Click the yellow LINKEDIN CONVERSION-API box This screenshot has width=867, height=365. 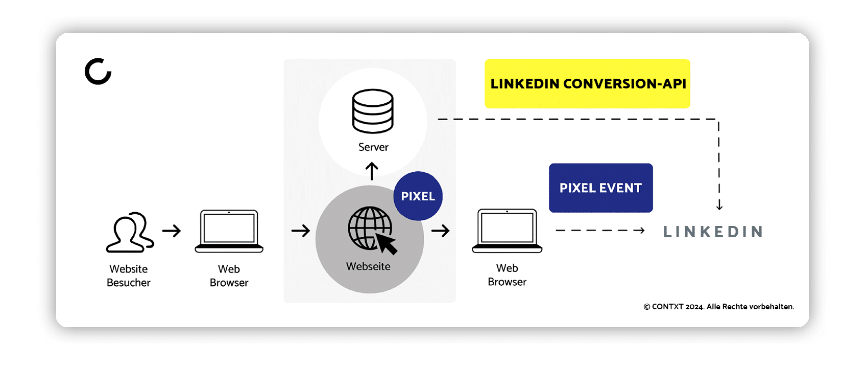pos(587,84)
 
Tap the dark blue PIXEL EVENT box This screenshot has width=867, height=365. pos(600,188)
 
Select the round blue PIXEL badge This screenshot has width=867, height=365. pos(418,196)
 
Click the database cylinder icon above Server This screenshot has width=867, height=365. pos(373,111)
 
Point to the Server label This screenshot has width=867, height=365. pos(373,147)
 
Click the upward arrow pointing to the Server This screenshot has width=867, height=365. pos(372,171)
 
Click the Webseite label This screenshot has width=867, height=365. pos(368,266)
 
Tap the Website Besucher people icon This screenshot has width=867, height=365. pos(130,233)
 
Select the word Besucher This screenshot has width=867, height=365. pos(129,283)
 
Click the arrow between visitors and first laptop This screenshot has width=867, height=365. pos(172,231)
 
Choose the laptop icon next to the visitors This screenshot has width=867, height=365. pos(229,232)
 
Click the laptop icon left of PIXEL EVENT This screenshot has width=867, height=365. pos(507,231)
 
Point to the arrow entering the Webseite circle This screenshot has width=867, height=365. pos(301,231)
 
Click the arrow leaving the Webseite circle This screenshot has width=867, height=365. pos(441,231)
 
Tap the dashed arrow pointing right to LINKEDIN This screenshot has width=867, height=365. pos(600,231)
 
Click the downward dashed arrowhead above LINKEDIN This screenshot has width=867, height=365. pos(719,206)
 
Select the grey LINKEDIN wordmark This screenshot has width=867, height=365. pos(713,232)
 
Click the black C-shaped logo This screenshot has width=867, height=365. pos(98,71)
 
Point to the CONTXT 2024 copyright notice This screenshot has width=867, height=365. pos(719,307)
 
